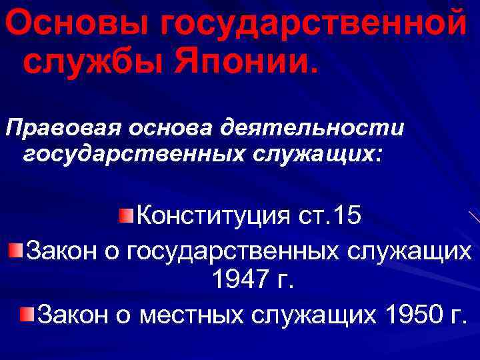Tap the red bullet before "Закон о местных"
click(x=27, y=313)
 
